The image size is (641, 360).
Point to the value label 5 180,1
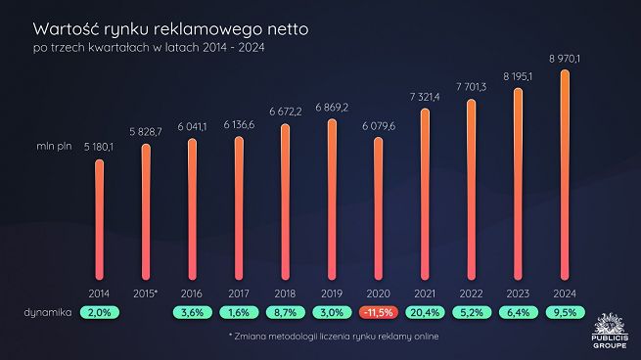tap(100, 147)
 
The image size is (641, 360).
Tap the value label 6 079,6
tap(379, 125)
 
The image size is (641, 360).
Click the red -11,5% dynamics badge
tap(378, 312)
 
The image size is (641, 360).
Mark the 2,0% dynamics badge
tap(100, 312)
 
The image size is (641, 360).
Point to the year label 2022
tap(472, 292)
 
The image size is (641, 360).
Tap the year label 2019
tap(332, 292)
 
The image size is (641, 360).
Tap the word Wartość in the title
tap(67, 29)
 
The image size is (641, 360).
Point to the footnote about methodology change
tap(333, 337)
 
